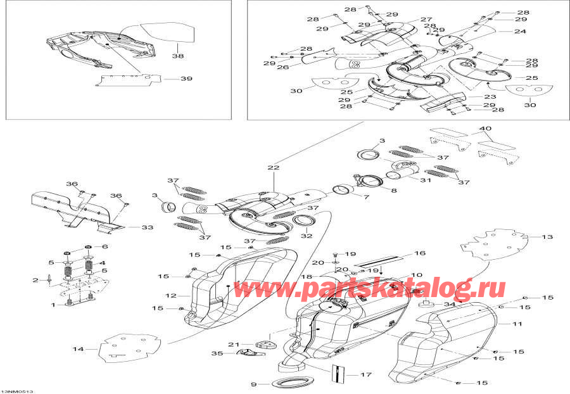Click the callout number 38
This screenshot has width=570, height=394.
(x=180, y=56)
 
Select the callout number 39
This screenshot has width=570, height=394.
(x=186, y=79)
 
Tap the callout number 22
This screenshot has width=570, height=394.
(x=273, y=168)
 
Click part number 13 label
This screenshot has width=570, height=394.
(x=547, y=237)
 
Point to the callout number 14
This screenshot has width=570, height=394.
(x=78, y=349)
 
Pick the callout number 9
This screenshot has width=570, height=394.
(x=253, y=384)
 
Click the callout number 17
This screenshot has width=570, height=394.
(x=365, y=374)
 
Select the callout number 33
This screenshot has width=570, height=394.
(x=148, y=227)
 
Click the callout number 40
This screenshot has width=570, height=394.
(x=484, y=129)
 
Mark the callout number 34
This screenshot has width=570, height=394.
(x=450, y=305)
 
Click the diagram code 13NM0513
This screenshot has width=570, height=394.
(x=17, y=391)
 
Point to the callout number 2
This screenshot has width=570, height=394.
(x=35, y=280)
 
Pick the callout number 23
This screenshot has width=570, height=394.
(x=490, y=97)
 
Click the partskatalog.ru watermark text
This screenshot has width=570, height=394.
(x=370, y=289)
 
